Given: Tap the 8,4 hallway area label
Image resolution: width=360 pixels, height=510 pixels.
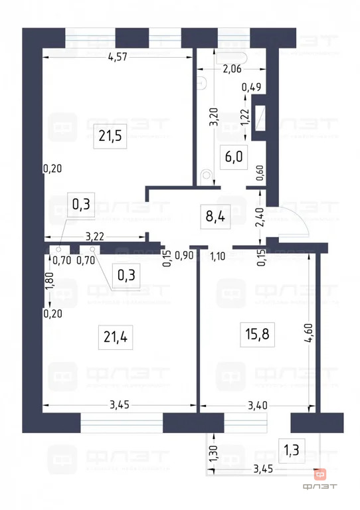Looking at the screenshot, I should pyautogui.click(x=216, y=217).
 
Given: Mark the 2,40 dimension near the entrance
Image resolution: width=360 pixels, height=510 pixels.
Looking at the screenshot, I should pyautogui.click(x=261, y=218).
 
